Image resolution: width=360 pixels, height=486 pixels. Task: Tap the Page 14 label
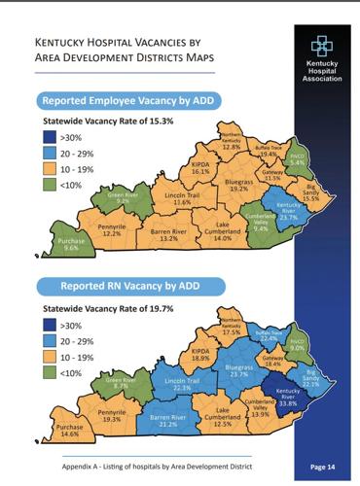(324, 467)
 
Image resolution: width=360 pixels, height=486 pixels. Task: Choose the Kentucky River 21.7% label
(288, 213)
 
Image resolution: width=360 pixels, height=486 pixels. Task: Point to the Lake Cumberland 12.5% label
(224, 420)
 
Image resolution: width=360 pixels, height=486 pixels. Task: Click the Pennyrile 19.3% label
(112, 415)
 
